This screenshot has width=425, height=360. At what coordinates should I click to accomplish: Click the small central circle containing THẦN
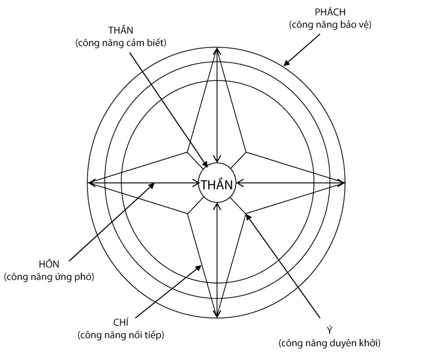217,184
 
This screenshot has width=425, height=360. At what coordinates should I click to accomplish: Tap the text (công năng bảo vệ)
330,25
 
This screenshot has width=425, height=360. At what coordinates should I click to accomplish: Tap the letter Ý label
329,331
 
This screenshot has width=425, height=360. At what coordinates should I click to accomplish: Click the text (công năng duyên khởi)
329,343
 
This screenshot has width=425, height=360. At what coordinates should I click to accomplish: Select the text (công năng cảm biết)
120,42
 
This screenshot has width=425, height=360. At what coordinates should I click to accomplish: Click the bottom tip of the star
217,318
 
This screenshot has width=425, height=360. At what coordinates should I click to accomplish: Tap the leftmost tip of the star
88,182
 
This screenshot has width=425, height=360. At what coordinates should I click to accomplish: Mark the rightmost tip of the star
345,182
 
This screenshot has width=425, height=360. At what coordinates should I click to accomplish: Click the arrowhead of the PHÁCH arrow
285,64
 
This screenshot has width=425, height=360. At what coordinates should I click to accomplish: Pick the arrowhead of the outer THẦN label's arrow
209,166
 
